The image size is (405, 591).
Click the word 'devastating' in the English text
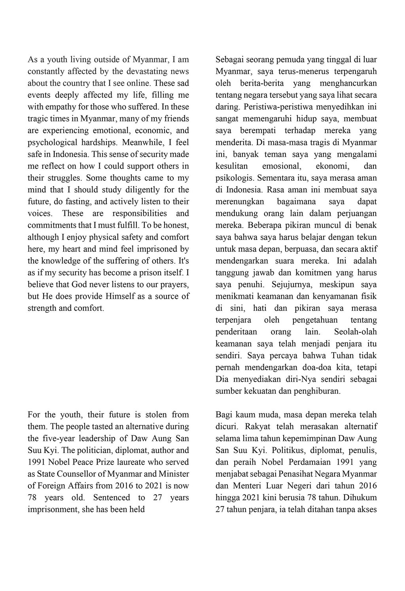(x=145, y=72)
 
